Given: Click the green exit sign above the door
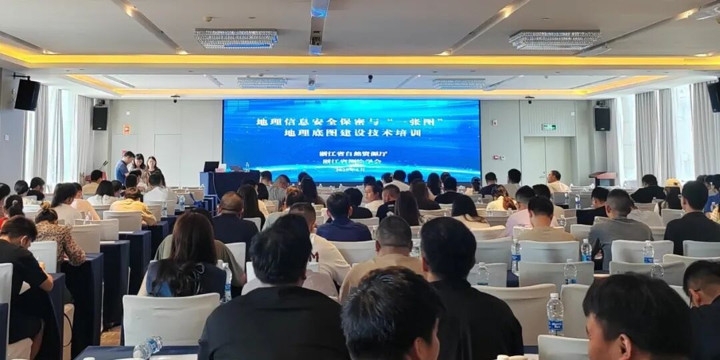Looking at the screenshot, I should pos(549,127).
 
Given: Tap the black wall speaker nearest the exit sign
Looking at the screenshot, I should pos(602,119).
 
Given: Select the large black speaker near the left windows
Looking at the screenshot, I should pos(27,95).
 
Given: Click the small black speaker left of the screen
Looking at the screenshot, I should pos(100,118).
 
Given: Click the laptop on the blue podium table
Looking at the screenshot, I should pos(212,167).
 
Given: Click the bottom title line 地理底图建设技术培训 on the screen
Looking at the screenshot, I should pos(351,133).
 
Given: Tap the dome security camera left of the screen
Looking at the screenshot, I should pos(175,99).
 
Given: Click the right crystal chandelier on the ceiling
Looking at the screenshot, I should pos(554,40).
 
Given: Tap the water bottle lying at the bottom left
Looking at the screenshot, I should pos(147,347).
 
